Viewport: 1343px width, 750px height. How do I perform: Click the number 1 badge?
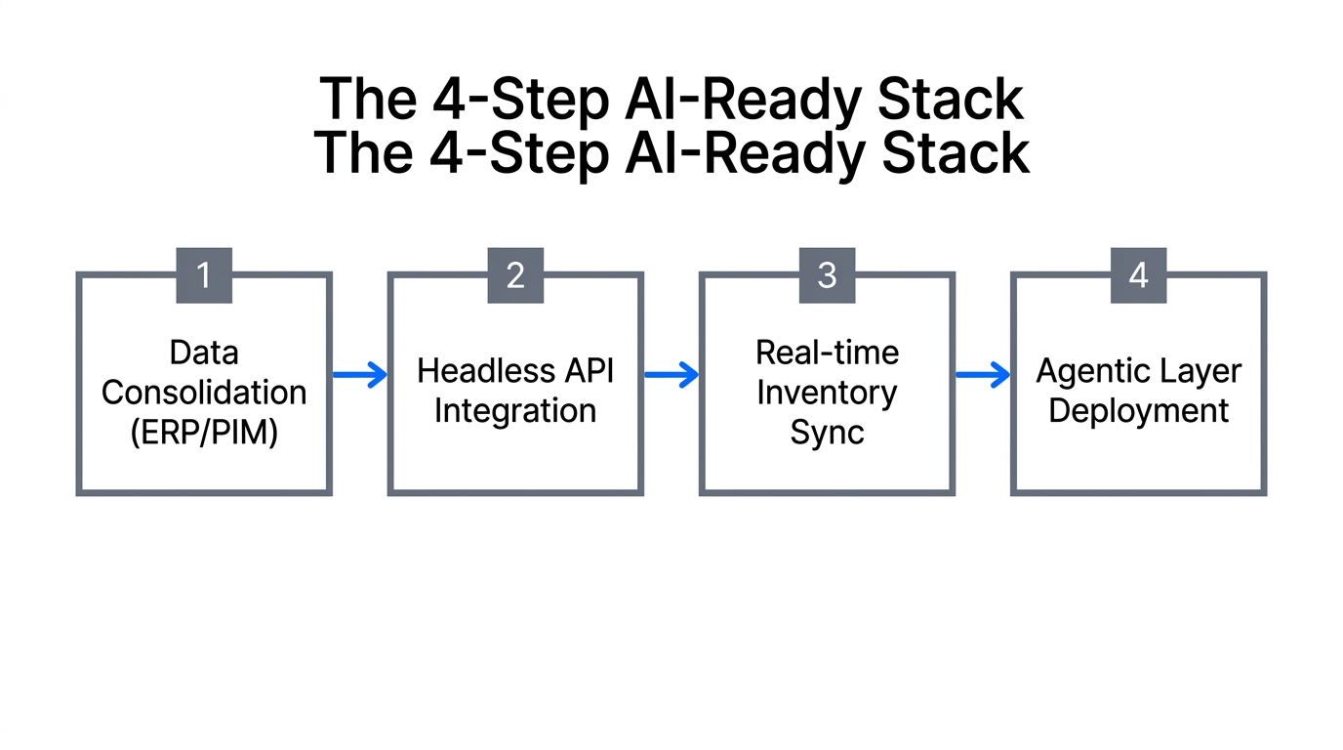point(204,275)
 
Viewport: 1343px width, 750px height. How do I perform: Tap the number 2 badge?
point(515,275)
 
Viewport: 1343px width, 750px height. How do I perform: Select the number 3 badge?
point(827,275)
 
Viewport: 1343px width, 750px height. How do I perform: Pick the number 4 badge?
point(1138,275)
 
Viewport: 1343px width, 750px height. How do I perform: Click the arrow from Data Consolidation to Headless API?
point(360,374)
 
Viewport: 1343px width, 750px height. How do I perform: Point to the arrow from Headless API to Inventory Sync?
point(671,374)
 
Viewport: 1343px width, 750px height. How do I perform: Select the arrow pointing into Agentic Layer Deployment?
point(983,374)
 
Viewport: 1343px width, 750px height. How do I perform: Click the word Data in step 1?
point(204,353)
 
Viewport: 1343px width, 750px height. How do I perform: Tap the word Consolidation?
point(204,393)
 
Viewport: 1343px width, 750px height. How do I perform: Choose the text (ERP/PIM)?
point(204,432)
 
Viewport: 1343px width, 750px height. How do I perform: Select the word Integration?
point(515,411)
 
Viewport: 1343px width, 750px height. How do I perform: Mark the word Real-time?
point(827,353)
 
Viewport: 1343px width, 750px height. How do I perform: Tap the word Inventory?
point(827,393)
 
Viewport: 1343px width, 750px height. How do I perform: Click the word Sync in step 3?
point(827,432)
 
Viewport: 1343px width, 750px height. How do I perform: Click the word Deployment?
point(1138,411)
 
